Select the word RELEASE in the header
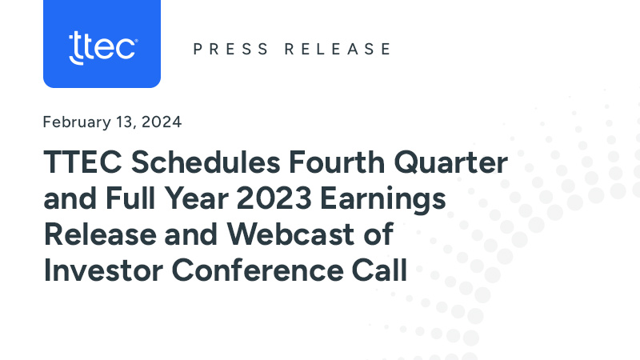[x=338, y=49]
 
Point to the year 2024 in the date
[x=164, y=122]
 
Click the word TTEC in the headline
[x=80, y=164]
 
